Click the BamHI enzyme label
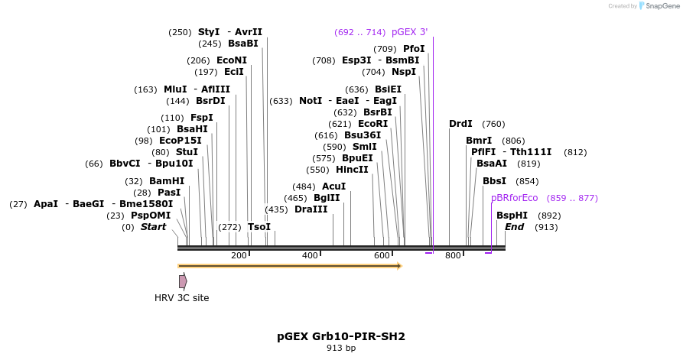tap(167, 181)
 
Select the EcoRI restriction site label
tap(373, 124)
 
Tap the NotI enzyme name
tap(311, 101)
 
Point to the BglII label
tap(327, 198)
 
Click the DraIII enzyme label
tap(311, 209)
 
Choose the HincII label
tap(352, 170)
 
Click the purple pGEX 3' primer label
tap(409, 32)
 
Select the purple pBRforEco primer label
tap(515, 198)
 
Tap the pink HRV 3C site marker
tap(183, 281)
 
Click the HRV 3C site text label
tap(181, 298)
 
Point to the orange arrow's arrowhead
tap(399, 265)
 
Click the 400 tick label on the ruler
tap(310, 255)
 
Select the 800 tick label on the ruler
tap(453, 255)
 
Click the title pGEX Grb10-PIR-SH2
tap(341, 336)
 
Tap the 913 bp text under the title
tap(341, 348)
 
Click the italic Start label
tap(153, 227)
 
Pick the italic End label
tap(515, 227)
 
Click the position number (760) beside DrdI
tap(493, 124)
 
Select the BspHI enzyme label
tap(512, 216)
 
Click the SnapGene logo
tap(659, 5)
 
